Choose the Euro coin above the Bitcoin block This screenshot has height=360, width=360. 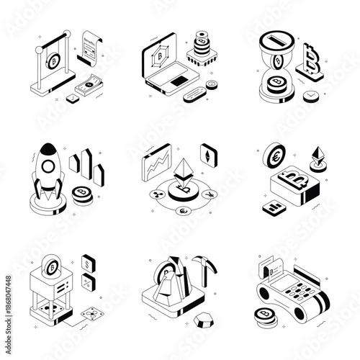pyautogui.click(x=274, y=154)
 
